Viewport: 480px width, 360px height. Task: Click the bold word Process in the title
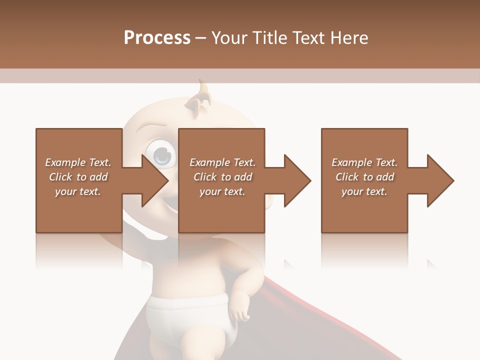[157, 37]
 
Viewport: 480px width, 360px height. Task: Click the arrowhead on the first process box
[155, 180]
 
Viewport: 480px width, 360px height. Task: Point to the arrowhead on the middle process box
[297, 180]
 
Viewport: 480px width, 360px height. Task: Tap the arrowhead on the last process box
[440, 180]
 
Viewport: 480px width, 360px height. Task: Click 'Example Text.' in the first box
[78, 162]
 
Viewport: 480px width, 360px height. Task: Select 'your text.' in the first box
[78, 191]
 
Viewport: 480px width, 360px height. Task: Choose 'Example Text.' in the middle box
[222, 162]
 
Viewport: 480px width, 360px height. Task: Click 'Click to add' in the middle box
[222, 177]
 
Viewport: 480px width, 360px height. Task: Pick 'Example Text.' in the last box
[364, 162]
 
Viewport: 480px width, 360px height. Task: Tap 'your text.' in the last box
[364, 191]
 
